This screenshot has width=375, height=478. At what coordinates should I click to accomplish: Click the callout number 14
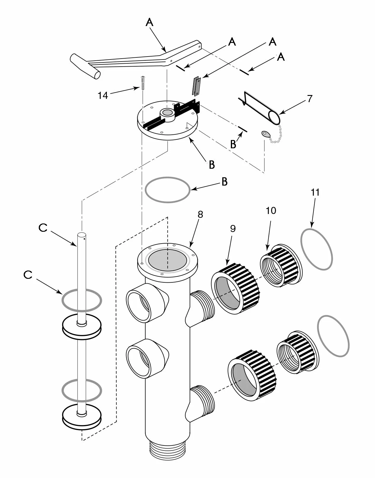pos(103,96)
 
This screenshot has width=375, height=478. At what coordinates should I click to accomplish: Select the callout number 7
pos(310,99)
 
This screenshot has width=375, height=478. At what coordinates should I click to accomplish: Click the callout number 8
pos(200,215)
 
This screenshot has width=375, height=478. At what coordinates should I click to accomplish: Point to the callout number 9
pos(233,229)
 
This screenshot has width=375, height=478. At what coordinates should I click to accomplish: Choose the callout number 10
pos(271,211)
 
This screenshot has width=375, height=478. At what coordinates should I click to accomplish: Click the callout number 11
pos(315,192)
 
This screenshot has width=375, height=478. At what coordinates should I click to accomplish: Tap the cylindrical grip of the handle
pos(85,66)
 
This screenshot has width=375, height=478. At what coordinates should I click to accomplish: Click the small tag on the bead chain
pos(266,134)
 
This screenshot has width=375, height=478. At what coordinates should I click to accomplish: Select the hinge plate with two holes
pos(197,86)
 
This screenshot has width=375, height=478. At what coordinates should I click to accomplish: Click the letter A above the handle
pos(149,23)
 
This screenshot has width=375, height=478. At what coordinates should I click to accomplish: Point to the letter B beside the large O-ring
pos(225,182)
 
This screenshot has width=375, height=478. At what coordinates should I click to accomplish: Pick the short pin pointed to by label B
pos(243,129)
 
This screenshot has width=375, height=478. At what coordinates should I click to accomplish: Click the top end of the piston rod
pos(82,235)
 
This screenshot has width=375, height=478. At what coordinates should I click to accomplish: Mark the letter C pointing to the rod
pos(43,228)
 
